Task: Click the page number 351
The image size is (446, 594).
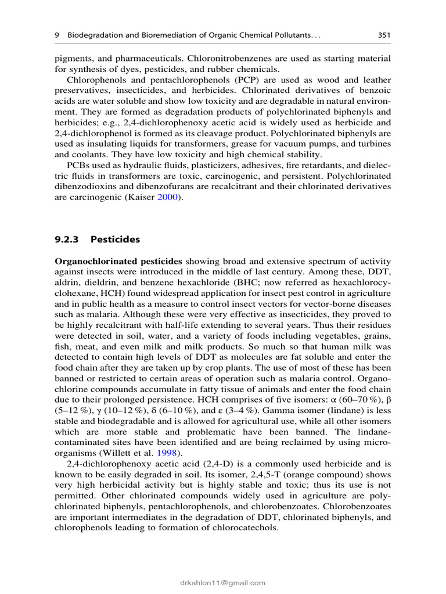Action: (383, 35)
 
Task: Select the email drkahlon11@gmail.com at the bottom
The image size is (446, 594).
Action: (223, 583)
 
